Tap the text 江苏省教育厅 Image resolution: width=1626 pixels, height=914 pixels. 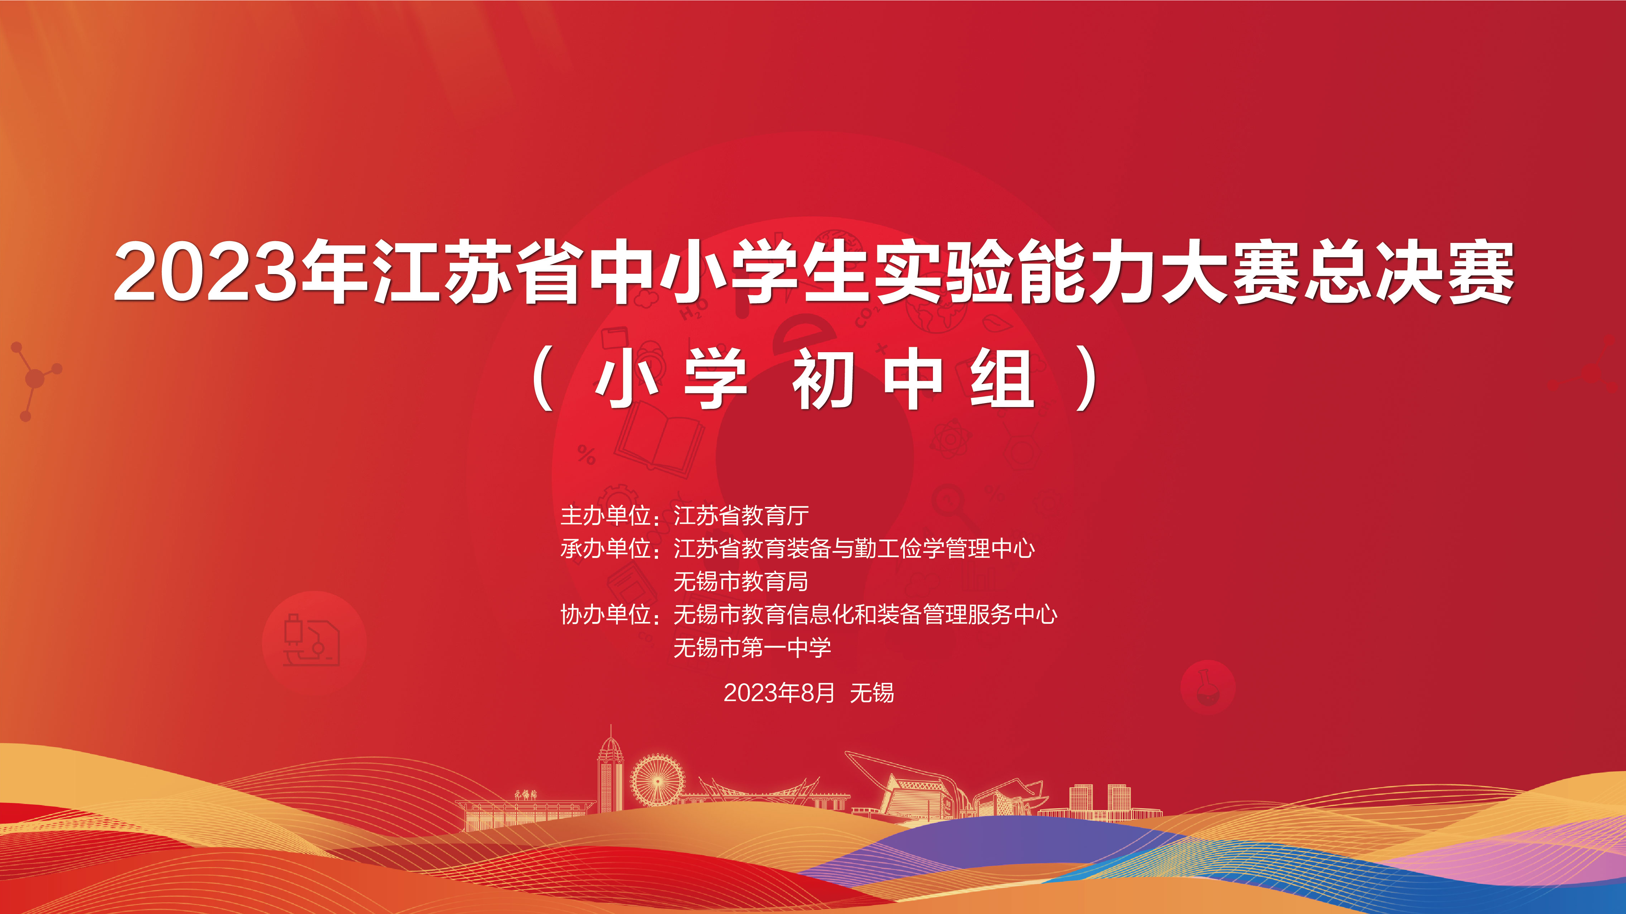[x=741, y=515]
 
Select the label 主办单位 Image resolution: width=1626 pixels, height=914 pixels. [x=605, y=515]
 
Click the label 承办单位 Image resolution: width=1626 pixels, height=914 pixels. [x=605, y=548]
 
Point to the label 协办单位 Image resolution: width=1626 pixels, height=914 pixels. [x=605, y=614]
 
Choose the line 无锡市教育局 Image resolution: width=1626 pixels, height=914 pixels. [x=741, y=581]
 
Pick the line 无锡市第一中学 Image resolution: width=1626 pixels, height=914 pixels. [x=752, y=647]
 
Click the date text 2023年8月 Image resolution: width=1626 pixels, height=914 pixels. [x=779, y=693]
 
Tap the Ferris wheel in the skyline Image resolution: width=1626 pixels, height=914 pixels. [x=657, y=781]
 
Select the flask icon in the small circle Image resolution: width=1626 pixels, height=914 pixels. [x=1206, y=686]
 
